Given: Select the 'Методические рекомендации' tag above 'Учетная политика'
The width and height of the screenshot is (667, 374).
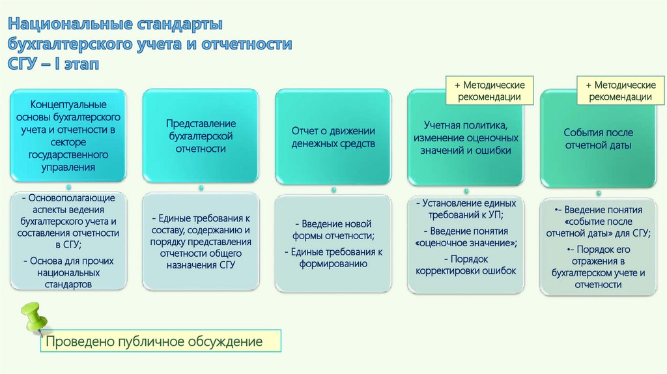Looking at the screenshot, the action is tap(489, 91).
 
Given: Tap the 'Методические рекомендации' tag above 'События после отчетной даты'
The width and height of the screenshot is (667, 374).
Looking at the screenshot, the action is tap(621, 91).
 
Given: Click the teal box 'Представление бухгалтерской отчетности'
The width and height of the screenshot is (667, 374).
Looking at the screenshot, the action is tap(201, 136).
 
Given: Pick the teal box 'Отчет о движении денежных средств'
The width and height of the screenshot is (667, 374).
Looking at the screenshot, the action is tap(333, 136).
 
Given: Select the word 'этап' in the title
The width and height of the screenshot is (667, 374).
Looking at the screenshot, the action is tap(81, 65).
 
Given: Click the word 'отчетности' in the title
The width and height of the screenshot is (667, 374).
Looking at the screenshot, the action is tap(255, 45).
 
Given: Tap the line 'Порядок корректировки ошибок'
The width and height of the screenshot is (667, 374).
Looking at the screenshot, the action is tap(465, 265).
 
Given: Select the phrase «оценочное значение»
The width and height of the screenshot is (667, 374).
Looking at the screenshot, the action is tap(465, 243).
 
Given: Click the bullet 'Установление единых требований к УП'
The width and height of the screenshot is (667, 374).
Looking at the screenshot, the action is tap(465, 209).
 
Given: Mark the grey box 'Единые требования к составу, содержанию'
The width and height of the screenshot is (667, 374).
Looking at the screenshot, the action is tap(201, 241).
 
